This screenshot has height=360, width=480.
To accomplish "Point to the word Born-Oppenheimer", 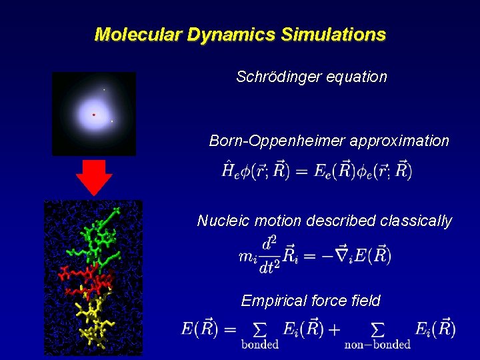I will click(277, 141).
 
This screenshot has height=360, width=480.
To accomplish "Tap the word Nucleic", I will click(221, 221).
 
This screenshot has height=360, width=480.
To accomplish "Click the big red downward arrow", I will click(94, 177).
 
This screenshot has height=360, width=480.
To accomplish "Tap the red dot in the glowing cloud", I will click(93, 115).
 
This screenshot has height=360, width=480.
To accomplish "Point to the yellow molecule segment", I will click(93, 320).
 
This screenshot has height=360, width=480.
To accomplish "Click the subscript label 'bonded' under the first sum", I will click(260, 345).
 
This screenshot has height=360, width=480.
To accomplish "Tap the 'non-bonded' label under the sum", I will click(377, 345).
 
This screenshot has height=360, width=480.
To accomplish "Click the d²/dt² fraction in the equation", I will click(269, 254).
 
